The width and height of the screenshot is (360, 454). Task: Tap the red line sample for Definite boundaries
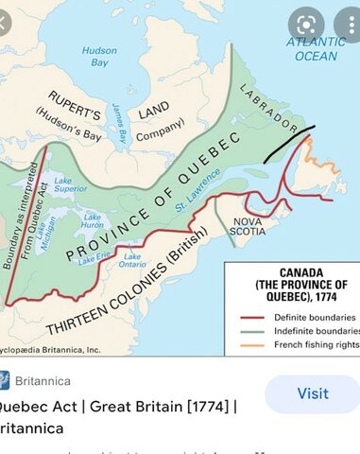click(x=252, y=317)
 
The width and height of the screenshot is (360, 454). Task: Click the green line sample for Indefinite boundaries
click(x=252, y=331)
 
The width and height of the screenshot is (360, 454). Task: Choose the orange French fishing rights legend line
click(x=252, y=345)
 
